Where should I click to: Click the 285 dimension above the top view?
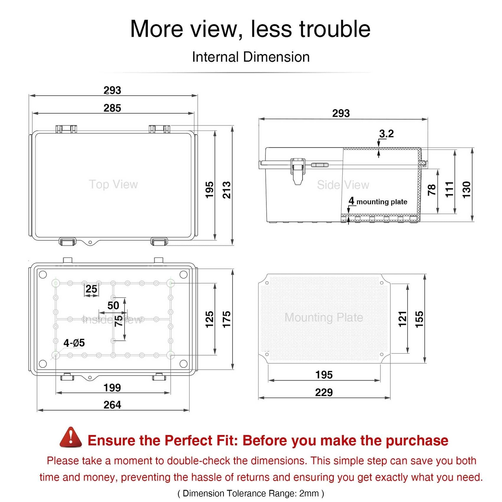click(112, 108)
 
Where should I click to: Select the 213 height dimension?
click(227, 190)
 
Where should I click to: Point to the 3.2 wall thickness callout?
click(386, 134)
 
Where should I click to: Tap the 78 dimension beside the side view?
click(432, 190)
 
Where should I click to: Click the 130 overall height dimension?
click(467, 190)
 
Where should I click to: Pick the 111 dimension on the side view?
click(449, 189)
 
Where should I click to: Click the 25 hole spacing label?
click(91, 289)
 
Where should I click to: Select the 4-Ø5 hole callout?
click(74, 343)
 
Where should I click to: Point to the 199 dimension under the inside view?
click(112, 387)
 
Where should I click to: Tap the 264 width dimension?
click(112, 405)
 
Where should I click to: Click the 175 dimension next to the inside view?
click(227, 319)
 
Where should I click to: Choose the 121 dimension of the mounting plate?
click(403, 319)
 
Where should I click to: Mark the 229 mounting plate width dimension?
click(324, 392)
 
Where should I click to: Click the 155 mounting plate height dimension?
click(419, 319)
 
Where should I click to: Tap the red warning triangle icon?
click(71, 437)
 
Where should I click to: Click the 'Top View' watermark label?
click(113, 184)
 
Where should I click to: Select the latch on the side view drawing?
click(298, 171)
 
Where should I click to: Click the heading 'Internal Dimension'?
click(251, 57)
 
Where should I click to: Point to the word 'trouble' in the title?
click(335, 29)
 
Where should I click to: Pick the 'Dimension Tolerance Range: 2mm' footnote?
click(251, 493)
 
